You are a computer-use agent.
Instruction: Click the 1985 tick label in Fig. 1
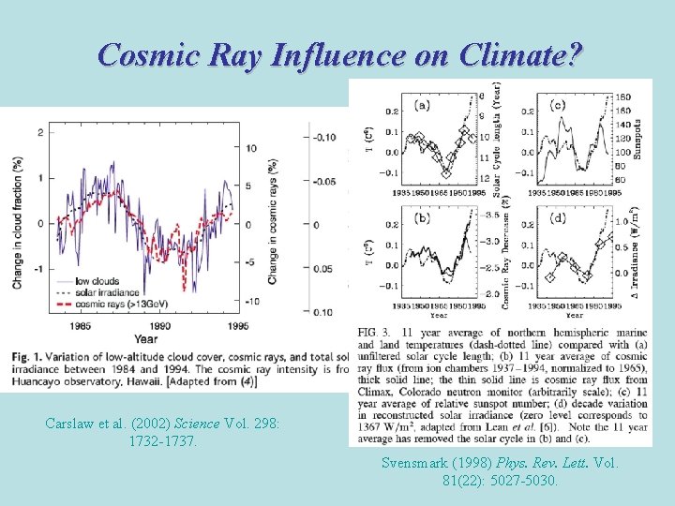(x=80, y=326)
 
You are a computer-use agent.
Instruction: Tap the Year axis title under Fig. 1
(x=145, y=338)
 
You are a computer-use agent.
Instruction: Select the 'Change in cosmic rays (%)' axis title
(x=273, y=220)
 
